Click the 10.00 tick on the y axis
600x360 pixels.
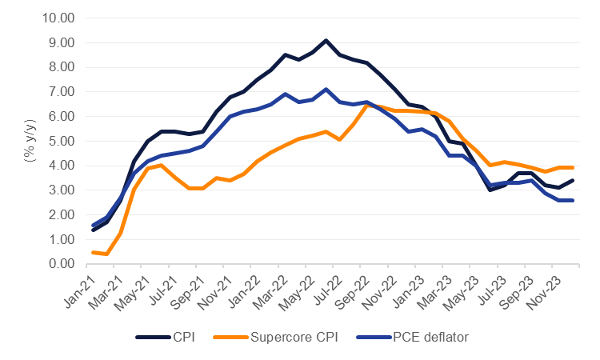coord(58,18)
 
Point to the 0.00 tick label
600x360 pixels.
coord(61,264)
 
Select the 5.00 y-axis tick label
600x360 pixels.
coord(61,141)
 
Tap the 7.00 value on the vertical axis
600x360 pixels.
coord(61,91)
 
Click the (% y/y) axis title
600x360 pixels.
coord(30,141)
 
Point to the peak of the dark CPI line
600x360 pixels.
coord(326,40)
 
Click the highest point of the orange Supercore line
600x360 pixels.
coord(366,105)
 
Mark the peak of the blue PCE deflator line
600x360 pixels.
coord(326,89)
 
